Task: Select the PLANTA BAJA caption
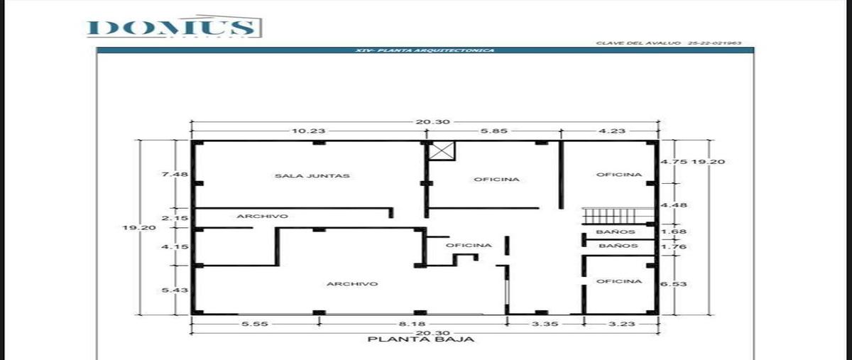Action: point(421,339)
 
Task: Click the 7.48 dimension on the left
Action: point(174,174)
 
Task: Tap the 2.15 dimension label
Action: point(174,218)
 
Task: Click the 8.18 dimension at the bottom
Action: point(413,323)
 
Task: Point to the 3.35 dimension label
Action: point(545,323)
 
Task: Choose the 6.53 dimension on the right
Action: point(670,284)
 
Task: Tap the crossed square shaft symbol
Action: point(442,151)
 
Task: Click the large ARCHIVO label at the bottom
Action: point(352,284)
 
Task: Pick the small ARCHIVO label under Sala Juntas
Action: point(262,216)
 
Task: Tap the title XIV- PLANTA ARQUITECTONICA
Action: point(425,50)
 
